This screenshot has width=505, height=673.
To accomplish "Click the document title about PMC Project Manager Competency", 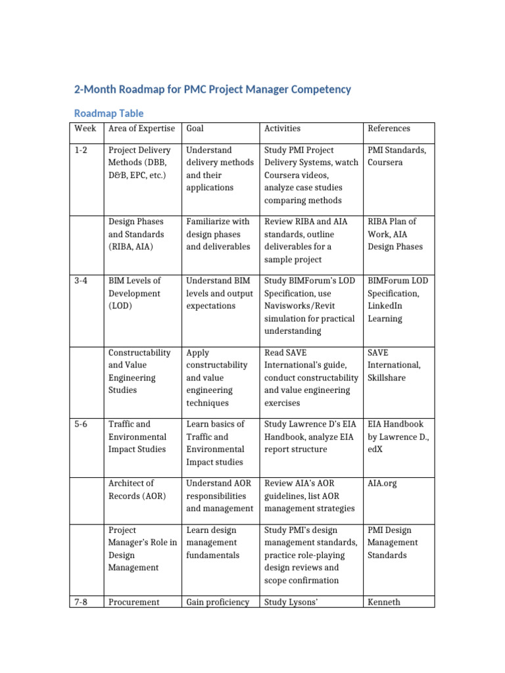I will click(214, 89).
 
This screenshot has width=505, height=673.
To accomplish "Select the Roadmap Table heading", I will click(108, 113).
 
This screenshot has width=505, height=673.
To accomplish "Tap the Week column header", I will click(84, 128).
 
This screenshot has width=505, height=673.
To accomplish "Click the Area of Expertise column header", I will click(141, 128).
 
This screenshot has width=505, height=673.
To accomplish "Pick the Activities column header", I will click(282, 128).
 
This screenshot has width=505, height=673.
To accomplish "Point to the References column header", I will click(389, 128).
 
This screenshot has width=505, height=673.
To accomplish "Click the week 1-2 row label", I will click(81, 150).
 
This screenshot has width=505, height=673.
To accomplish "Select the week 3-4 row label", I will click(81, 281).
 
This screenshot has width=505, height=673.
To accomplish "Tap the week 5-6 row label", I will click(81, 424).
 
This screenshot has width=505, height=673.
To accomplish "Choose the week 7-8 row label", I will click(81, 601).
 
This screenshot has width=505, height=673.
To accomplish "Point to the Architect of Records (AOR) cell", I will click(137, 490).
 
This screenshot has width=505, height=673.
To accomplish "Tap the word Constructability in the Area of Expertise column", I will click(139, 353).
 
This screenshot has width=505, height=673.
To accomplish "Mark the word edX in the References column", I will click(376, 450).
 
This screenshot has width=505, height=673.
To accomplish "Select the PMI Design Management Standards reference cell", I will click(392, 542).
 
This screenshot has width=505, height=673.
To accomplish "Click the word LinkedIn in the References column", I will click(385, 306).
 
